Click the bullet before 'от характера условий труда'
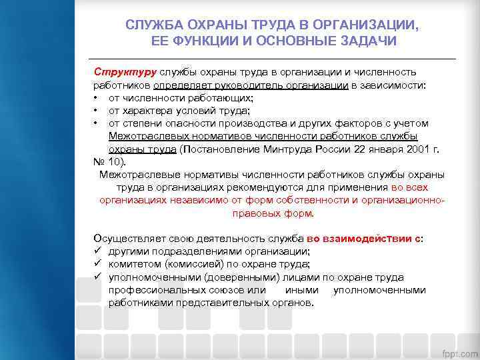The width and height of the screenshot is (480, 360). pos(97,111)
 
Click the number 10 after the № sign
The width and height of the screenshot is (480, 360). pos(116,161)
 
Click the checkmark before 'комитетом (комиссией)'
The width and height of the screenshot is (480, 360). pos(97,264)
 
